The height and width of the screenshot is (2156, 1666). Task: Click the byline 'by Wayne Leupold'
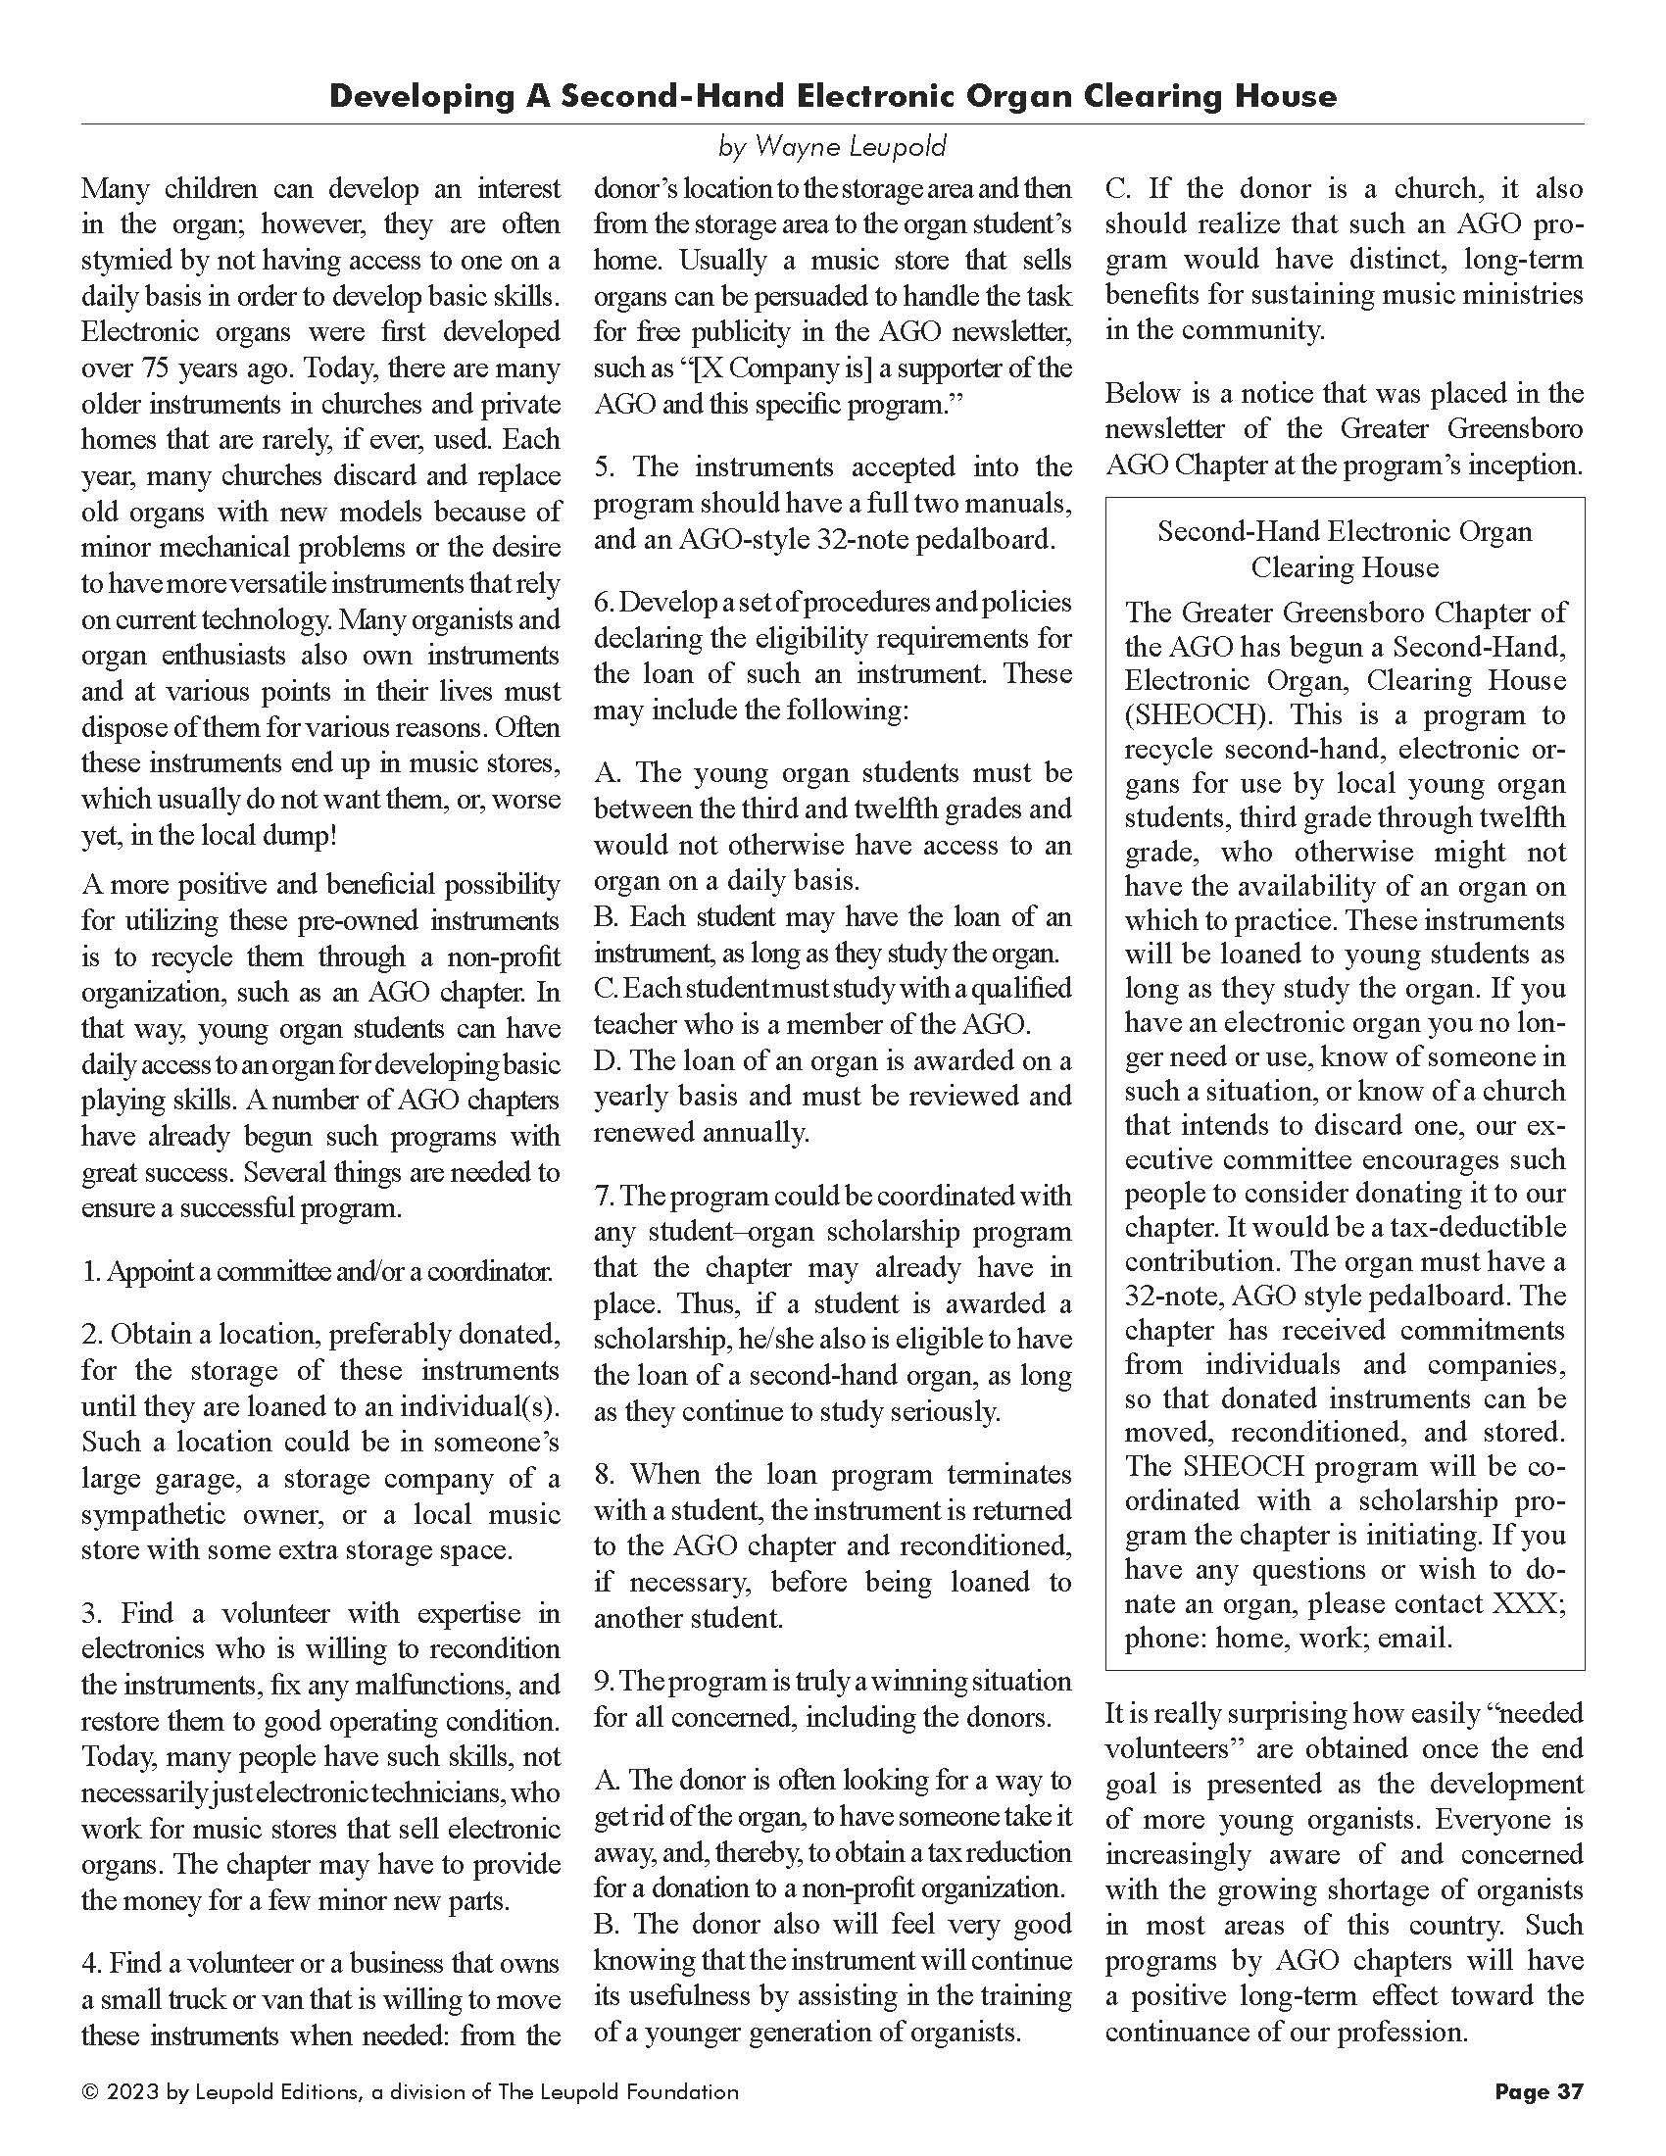(832, 148)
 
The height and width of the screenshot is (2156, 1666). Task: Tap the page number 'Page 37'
(1539, 2091)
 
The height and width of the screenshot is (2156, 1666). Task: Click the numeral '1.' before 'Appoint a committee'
(91, 1271)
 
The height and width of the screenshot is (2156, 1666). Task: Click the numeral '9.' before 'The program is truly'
(604, 1681)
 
